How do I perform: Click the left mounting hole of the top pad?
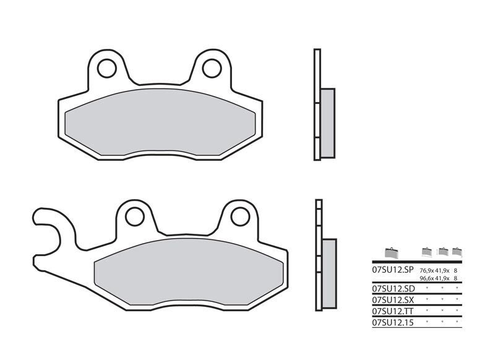click(107, 67)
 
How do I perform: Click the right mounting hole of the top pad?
click(212, 67)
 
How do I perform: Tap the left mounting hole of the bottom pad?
click(135, 216)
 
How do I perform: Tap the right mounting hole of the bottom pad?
click(240, 216)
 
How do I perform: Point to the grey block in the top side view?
click(327, 122)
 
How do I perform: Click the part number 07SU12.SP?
click(392, 270)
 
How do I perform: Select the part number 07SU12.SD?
click(392, 288)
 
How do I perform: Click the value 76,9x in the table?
click(426, 271)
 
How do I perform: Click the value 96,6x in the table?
click(426, 278)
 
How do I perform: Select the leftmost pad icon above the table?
click(389, 252)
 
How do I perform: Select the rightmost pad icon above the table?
click(457, 251)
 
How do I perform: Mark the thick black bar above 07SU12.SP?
click(416, 262)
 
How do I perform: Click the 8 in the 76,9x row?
click(456, 271)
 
